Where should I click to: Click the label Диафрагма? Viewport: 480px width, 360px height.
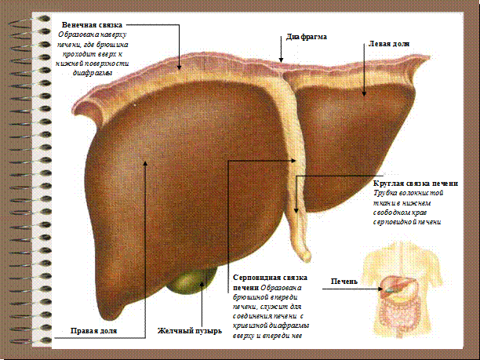point(306,37)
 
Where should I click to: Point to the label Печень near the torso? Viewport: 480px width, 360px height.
point(344,281)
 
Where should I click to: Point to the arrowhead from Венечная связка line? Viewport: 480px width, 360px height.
point(180,67)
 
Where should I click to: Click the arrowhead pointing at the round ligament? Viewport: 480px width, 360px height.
point(296,213)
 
